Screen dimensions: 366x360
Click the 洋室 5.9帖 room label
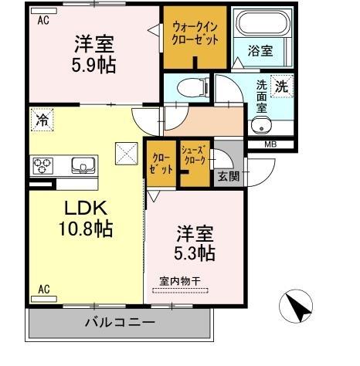click(95, 53)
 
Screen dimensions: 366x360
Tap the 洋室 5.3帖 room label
click(195, 242)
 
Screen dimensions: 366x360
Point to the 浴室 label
click(260, 53)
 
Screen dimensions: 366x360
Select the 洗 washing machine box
click(283, 87)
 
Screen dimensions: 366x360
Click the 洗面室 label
click(263, 98)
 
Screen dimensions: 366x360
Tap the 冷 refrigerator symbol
click(42, 120)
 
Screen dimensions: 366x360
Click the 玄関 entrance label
click(227, 177)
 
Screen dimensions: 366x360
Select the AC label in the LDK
click(44, 290)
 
